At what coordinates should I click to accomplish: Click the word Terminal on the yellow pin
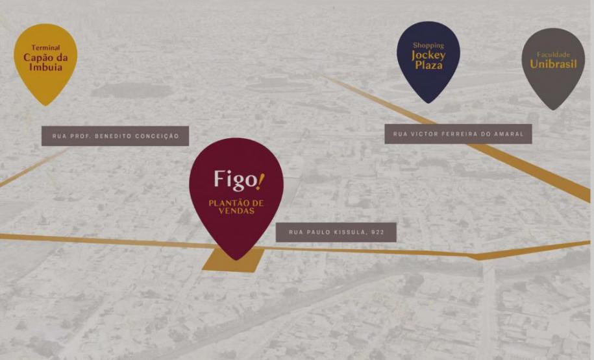pos(45,48)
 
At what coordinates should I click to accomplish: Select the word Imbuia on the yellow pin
pos(45,67)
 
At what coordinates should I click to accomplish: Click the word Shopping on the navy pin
pos(428,45)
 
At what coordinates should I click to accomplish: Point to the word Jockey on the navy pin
pos(428,55)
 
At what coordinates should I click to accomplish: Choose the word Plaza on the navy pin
pos(428,66)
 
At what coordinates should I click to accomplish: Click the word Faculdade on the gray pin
pos(553,54)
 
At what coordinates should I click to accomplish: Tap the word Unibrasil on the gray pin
pos(553,64)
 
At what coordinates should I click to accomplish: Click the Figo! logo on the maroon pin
pos(239,180)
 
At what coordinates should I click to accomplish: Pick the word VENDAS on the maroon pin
pos(236,211)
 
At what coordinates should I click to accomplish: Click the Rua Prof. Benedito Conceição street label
pos(115,136)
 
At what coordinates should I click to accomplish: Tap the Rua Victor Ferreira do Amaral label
pos(458,134)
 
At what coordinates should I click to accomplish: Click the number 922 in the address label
pos(377,232)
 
